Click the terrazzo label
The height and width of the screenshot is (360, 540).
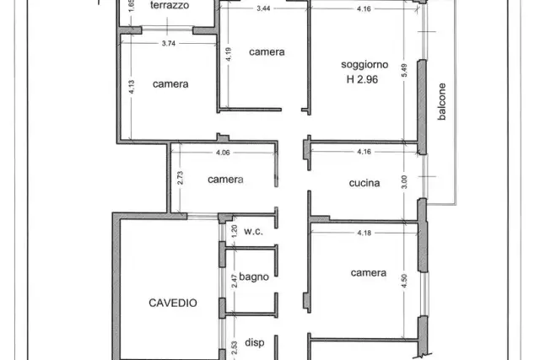[x=170, y=5]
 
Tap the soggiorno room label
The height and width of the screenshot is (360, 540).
[x=364, y=65]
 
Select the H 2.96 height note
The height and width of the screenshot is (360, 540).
[x=362, y=79]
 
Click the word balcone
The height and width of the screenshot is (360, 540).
[x=442, y=101]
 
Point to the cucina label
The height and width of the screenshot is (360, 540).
[x=364, y=183]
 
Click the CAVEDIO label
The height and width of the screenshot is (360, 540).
[x=173, y=303]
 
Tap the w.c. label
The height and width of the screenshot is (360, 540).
[x=253, y=232]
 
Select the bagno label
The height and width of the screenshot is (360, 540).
[x=254, y=277]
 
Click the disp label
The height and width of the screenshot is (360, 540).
[x=255, y=343]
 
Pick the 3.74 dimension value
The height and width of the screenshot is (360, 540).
[x=169, y=43]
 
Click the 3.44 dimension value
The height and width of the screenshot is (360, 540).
[x=263, y=8]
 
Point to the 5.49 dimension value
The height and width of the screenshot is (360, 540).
[x=404, y=70]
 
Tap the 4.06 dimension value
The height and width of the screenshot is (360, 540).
[x=223, y=153]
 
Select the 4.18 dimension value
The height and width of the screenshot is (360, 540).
[x=364, y=233]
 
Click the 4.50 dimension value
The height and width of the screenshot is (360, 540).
[x=404, y=281]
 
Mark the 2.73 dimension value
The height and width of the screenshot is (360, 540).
[x=180, y=178]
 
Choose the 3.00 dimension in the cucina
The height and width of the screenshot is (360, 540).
[x=404, y=182]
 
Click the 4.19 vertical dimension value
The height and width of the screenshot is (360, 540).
[x=229, y=54]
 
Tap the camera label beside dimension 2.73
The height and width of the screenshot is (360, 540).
[x=225, y=180]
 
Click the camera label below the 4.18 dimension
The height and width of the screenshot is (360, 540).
[x=369, y=273]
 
